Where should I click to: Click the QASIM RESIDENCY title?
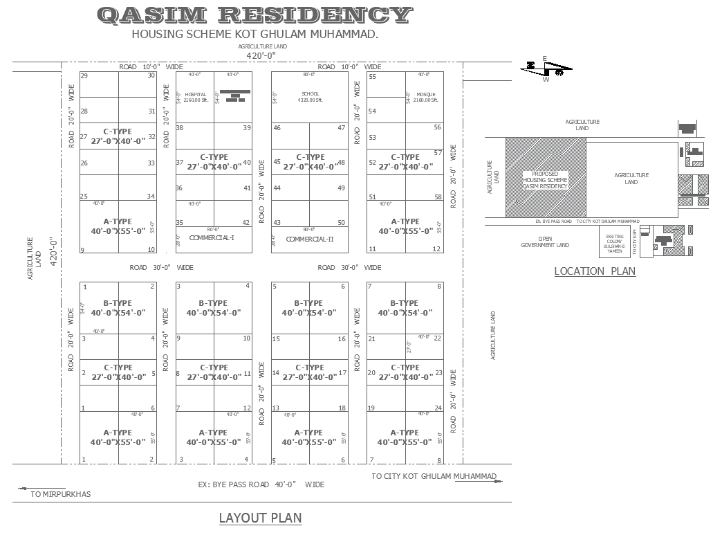(x=254, y=15)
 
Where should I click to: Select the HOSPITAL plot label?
(x=196, y=94)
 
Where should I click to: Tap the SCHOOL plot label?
(x=311, y=94)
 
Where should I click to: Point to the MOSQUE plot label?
(x=426, y=94)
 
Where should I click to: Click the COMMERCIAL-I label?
(x=211, y=238)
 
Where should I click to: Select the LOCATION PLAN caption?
(x=594, y=271)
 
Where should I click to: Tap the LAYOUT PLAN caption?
(x=260, y=518)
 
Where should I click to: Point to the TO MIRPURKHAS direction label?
(x=60, y=494)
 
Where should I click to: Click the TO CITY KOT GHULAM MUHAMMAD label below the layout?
(x=434, y=476)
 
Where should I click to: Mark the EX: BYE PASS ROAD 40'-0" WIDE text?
(x=261, y=484)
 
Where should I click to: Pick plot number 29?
(x=84, y=75)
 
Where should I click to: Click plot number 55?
(x=372, y=77)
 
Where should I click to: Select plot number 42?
(x=246, y=223)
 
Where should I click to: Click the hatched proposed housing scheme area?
(x=545, y=178)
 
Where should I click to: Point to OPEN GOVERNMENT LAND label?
(x=545, y=242)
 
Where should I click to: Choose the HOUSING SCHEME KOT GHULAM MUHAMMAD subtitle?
(x=254, y=34)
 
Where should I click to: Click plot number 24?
(x=438, y=408)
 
